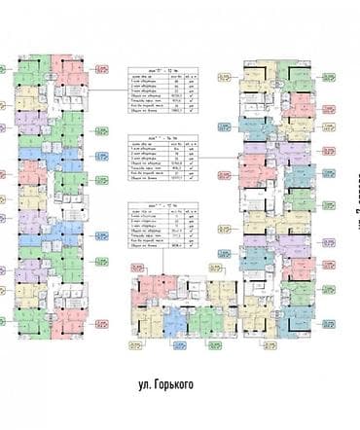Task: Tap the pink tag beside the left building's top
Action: point(103,69)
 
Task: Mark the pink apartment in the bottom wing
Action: point(153,288)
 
